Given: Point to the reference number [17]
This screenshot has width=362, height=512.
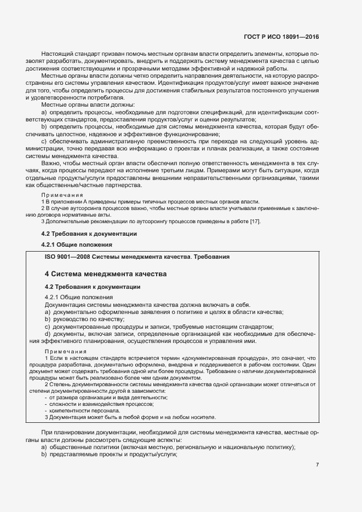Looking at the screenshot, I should tap(256, 221).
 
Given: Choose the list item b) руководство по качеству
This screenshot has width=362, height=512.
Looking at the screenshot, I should tap(85, 319).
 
